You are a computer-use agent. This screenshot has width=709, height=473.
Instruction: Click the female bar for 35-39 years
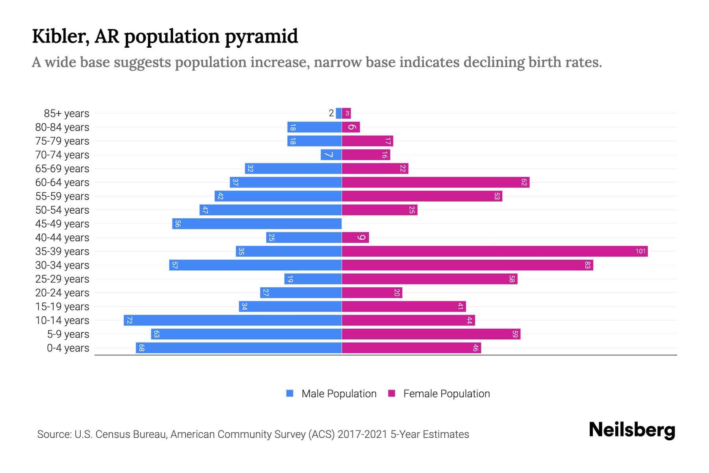[x=494, y=251]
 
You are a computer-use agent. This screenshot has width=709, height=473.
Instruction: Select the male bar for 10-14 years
[x=232, y=320]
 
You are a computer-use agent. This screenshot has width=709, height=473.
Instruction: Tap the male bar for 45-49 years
[x=257, y=224]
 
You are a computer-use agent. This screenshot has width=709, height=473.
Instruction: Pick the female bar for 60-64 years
[x=435, y=182]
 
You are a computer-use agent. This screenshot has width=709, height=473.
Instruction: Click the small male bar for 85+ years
[x=339, y=114]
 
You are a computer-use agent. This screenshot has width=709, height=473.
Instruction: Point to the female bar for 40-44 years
[x=355, y=238]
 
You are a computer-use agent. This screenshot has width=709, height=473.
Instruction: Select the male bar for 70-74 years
[x=331, y=155]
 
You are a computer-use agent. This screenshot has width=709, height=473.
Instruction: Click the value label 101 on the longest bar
[x=640, y=251]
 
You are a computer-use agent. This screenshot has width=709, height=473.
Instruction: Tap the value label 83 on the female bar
[x=587, y=265]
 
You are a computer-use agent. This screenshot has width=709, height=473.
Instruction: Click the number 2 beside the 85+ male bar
[x=331, y=114]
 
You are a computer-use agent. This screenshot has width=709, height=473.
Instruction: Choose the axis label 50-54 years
[x=62, y=210]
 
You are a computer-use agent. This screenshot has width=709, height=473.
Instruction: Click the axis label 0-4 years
[x=68, y=348]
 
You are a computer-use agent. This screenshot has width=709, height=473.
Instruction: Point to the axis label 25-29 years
[x=62, y=279]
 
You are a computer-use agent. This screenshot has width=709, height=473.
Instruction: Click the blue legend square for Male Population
[x=290, y=393]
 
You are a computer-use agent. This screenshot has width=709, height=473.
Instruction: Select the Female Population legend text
[x=446, y=394]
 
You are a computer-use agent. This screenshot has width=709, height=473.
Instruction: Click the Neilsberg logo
[x=632, y=430]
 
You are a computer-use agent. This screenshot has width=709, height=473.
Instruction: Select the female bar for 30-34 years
[x=467, y=265]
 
